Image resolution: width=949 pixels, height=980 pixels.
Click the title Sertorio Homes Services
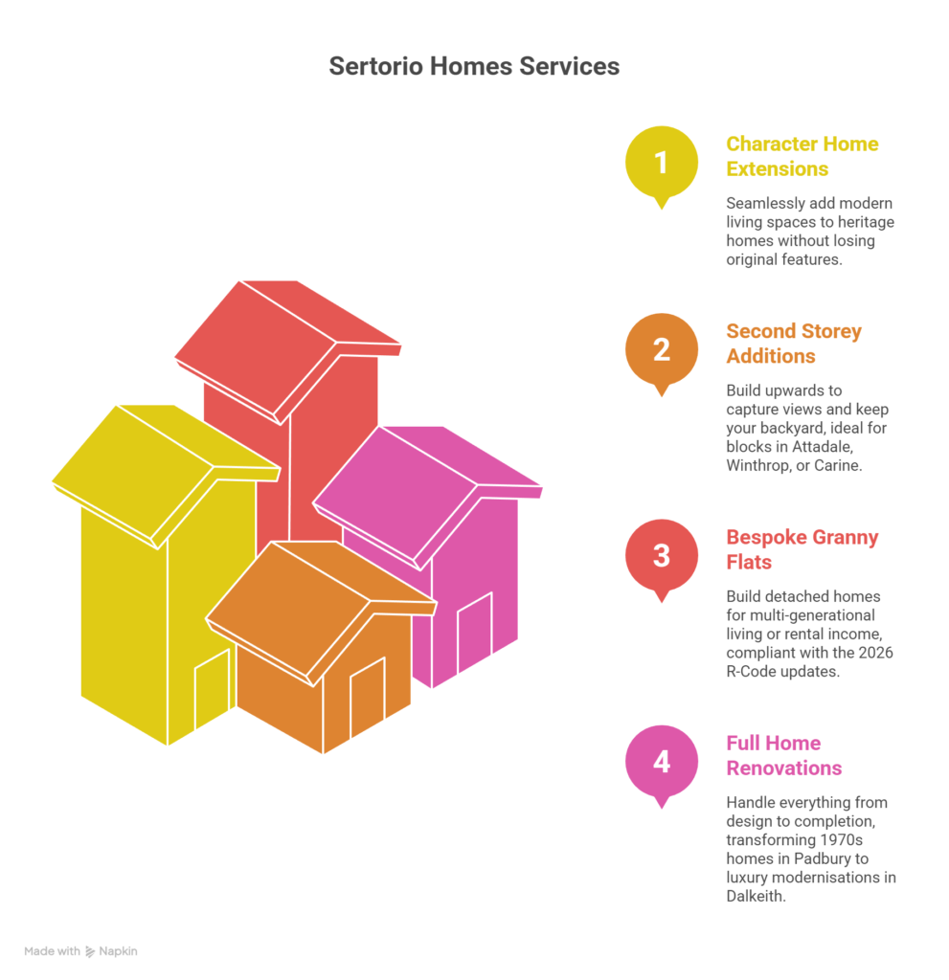[x=474, y=66]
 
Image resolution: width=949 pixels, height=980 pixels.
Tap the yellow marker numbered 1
[x=661, y=167]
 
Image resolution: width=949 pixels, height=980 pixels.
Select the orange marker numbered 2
[x=661, y=354]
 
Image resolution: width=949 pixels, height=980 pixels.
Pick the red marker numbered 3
[x=661, y=560]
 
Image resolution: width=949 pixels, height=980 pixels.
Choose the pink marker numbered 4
[x=661, y=767]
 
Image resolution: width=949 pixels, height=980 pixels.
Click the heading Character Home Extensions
[x=802, y=156]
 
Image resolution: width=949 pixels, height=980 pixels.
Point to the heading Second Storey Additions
[x=793, y=344]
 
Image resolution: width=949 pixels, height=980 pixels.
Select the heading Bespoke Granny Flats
[x=802, y=549]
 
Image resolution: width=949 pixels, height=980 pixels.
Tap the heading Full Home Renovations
[x=784, y=755]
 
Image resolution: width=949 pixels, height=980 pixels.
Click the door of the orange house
[x=367, y=697]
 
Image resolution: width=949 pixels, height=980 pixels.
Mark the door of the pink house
[x=475, y=632]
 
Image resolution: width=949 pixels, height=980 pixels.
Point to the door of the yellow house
[x=212, y=689]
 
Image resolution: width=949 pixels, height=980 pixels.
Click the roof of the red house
[x=288, y=351]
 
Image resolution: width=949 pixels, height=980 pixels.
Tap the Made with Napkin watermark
[x=80, y=951]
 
